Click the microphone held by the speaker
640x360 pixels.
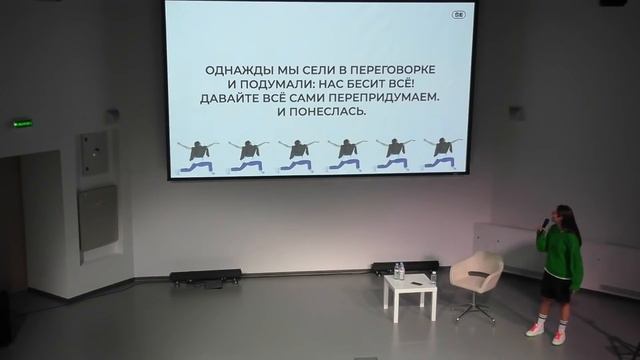click(x=546, y=224)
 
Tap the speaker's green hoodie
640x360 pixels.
click(x=560, y=254)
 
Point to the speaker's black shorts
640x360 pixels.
click(x=557, y=287)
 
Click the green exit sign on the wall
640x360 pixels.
click(x=22, y=123)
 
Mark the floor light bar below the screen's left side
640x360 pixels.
click(x=205, y=275)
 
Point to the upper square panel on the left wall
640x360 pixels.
click(x=94, y=152)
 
